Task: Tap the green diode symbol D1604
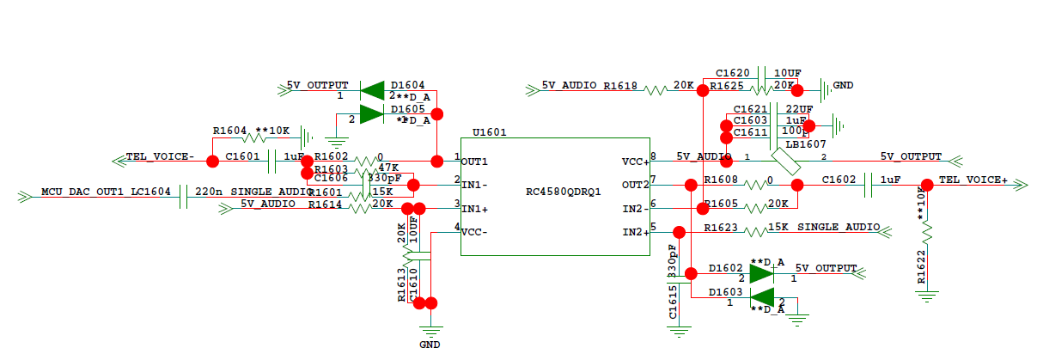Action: click(372, 89)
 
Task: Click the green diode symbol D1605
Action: click(371, 113)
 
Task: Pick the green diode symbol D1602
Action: click(761, 274)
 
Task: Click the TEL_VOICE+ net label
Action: click(973, 180)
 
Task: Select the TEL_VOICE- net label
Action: click(161, 158)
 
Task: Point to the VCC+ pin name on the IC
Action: click(634, 161)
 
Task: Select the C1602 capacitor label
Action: click(839, 180)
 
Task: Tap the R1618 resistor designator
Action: click(620, 86)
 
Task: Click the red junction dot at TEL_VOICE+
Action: click(927, 185)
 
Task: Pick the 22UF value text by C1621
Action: click(799, 108)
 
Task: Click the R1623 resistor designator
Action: click(722, 228)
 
